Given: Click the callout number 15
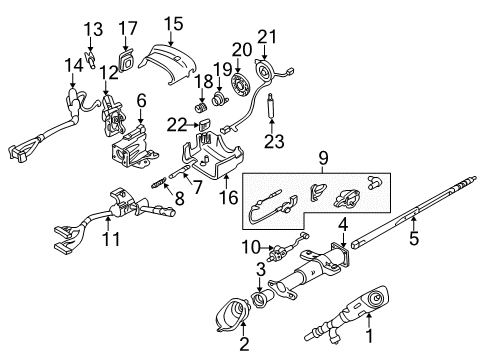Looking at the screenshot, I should pyautogui.click(x=174, y=21).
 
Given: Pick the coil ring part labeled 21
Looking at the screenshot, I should pyautogui.click(x=266, y=74).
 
